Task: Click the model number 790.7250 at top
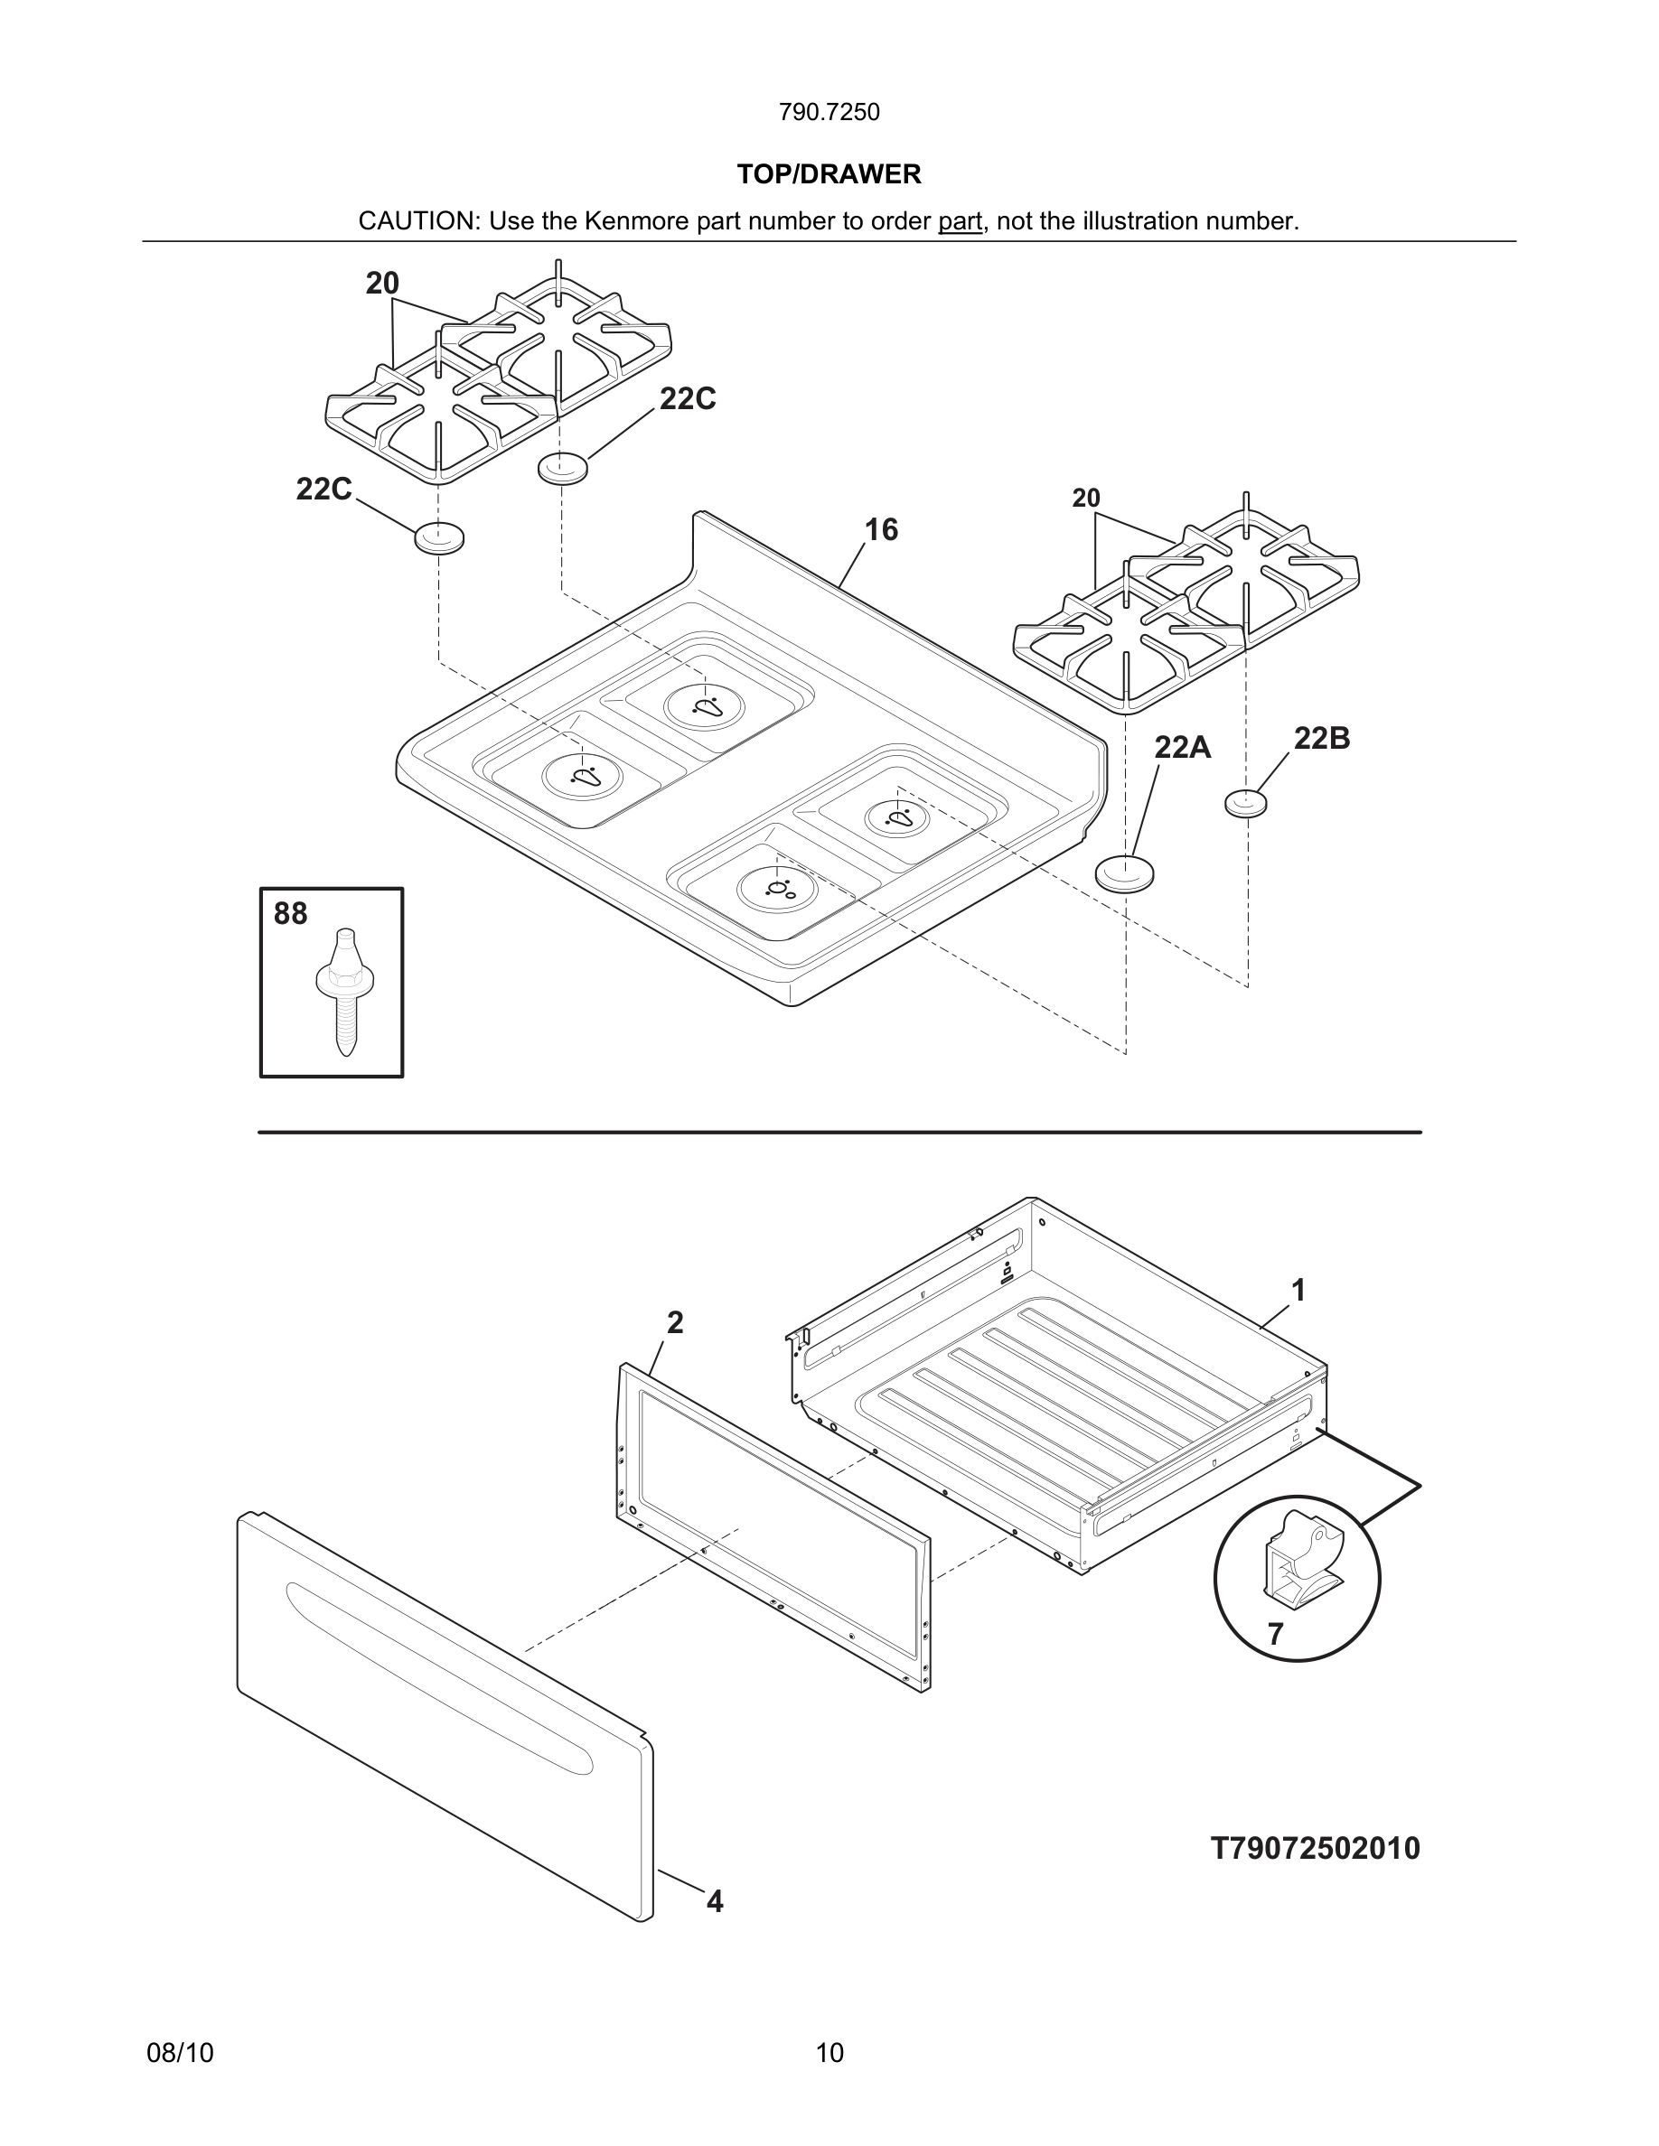coord(829,112)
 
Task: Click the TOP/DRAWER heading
coord(829,174)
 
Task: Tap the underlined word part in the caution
coord(960,221)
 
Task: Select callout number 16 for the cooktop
coord(881,529)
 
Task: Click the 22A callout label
coord(1181,748)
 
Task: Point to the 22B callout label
coord(1321,738)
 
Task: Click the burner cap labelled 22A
coord(1124,873)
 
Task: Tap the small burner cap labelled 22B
coord(1245,804)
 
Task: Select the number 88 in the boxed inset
coord(290,914)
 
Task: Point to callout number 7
coord(1275,1634)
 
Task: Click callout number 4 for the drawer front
coord(715,1901)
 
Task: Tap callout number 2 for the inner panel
coord(674,1322)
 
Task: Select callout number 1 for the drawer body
coord(1298,1290)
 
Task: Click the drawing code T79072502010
coord(1315,1848)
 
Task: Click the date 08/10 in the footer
coord(180,2053)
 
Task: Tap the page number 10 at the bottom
coord(829,2053)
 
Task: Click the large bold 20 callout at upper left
coord(382,283)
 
